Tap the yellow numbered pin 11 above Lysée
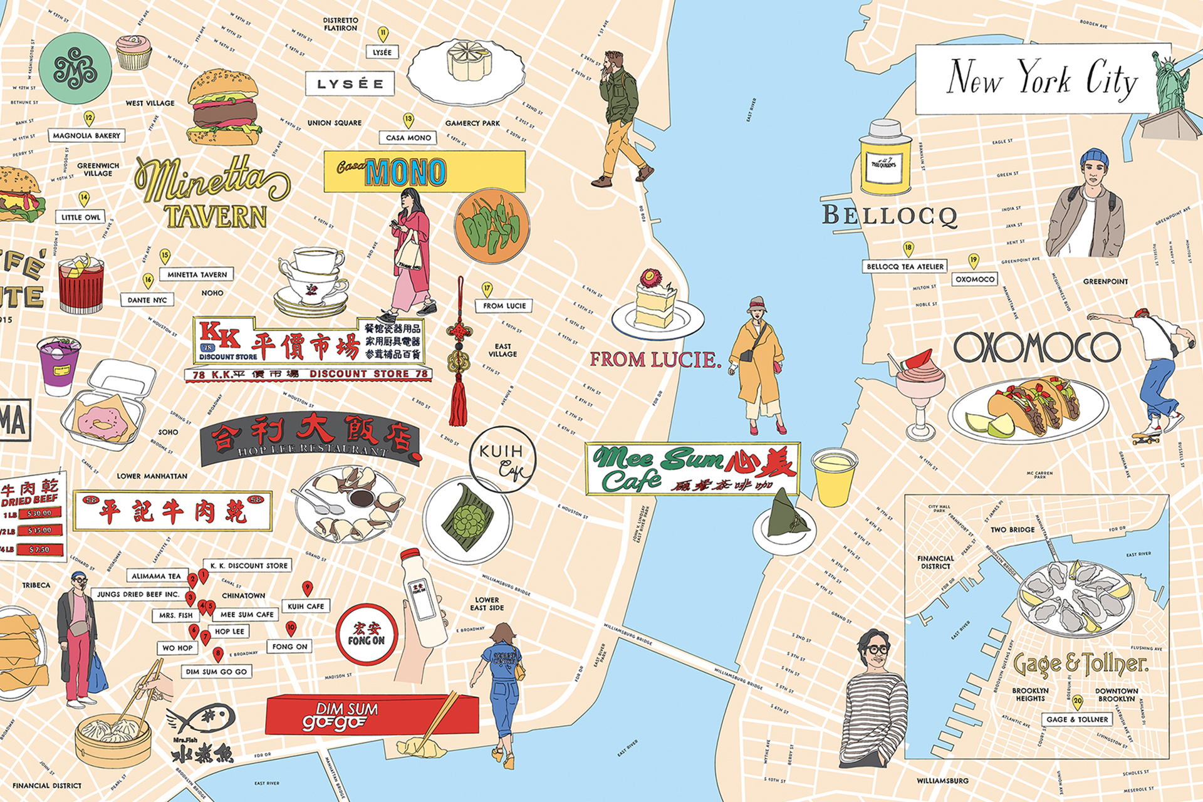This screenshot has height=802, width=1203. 383,34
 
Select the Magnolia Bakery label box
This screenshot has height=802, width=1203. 86,135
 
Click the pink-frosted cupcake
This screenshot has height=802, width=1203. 133,52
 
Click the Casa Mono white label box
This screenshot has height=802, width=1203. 409,138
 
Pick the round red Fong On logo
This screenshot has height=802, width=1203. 367,634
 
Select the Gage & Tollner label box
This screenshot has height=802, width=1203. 1078,719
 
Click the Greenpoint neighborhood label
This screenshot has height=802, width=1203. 1105,282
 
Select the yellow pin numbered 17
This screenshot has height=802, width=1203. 487,289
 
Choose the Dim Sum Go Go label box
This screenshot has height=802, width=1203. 217,672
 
